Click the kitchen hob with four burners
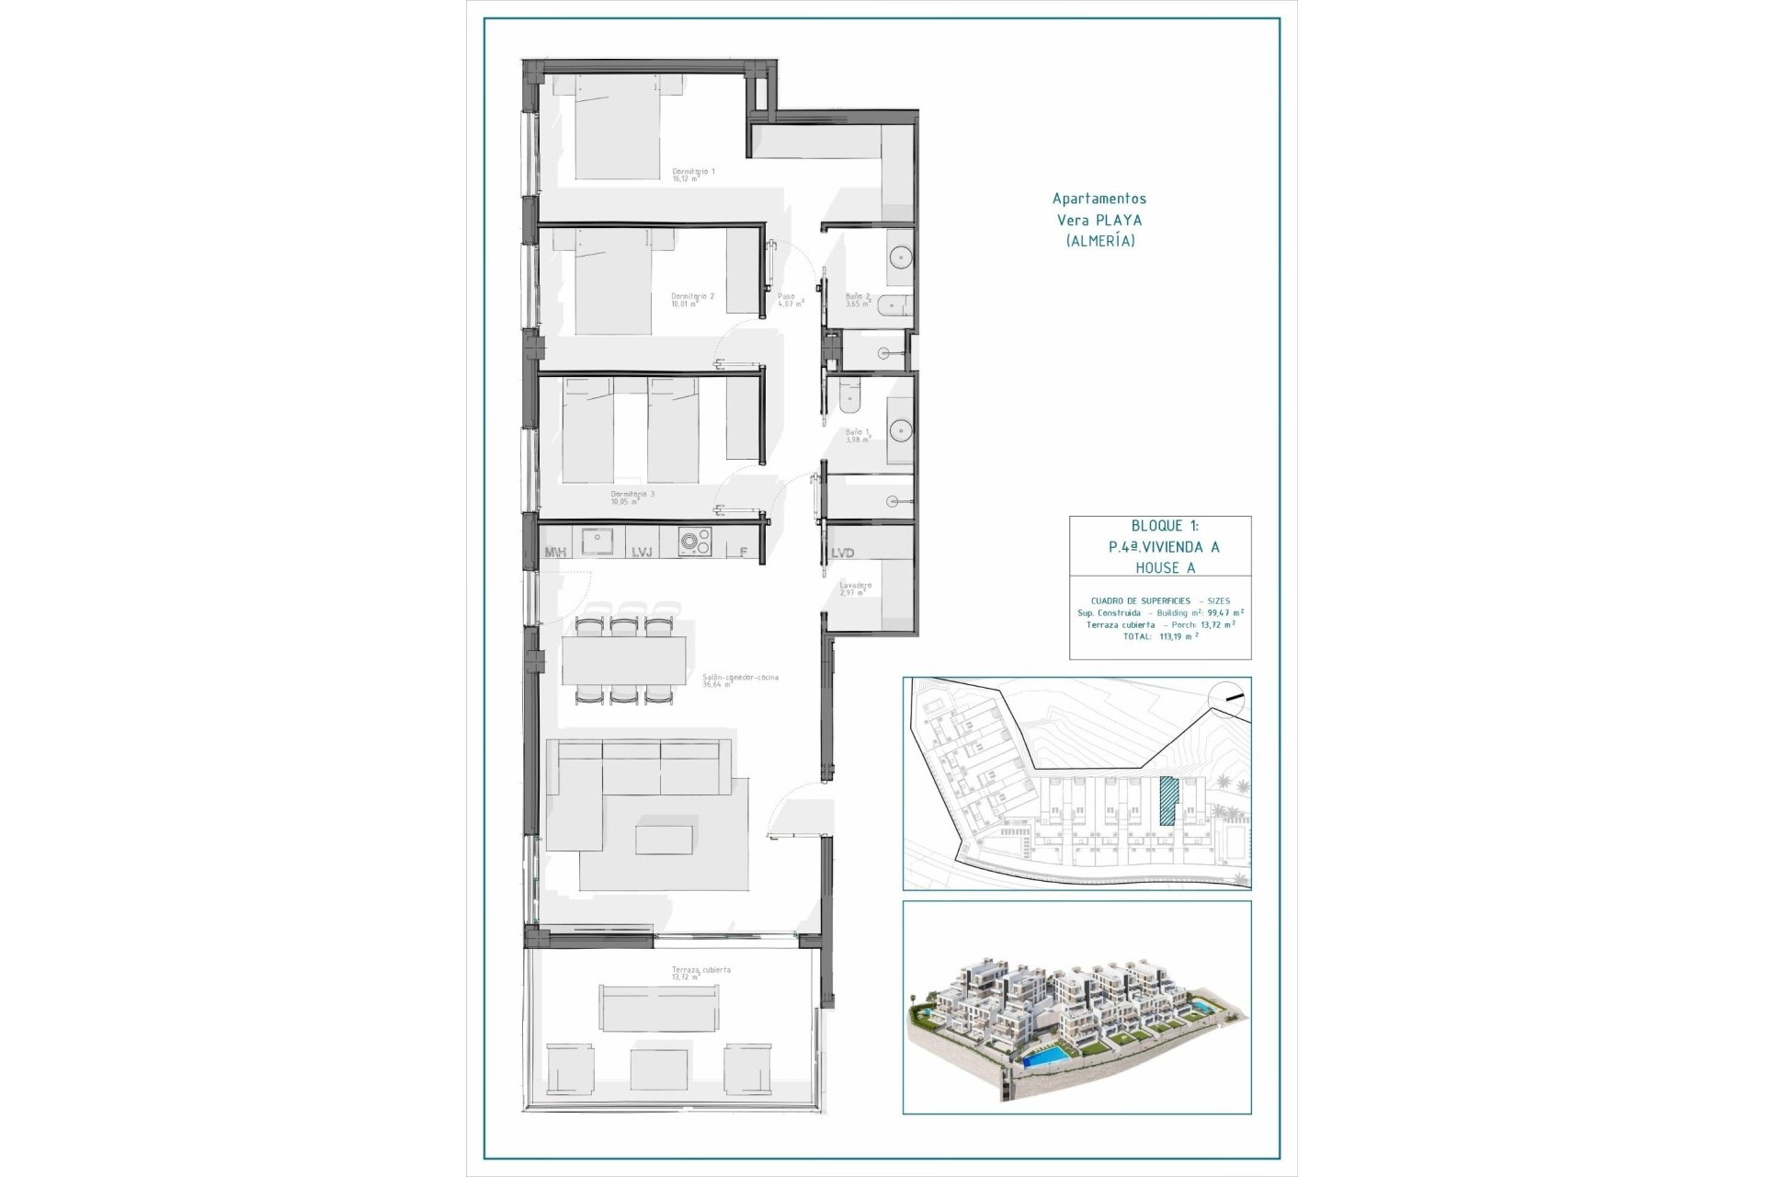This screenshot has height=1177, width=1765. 695,543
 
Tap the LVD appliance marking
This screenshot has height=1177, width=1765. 842,553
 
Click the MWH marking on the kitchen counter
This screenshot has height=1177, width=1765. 556,553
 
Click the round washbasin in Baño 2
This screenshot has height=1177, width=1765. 899,257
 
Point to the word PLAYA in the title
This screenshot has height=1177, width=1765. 1120,221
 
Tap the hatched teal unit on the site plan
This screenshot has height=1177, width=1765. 1168,802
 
